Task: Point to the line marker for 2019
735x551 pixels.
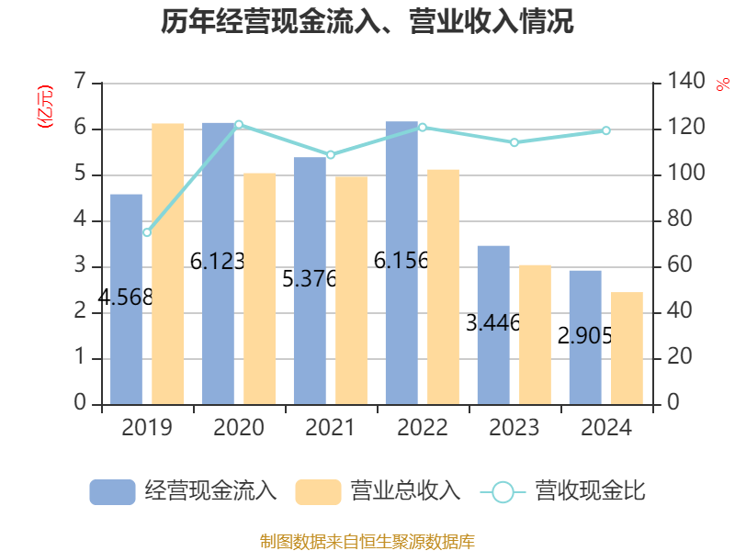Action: [147, 232]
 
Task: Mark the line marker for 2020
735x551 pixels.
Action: [239, 124]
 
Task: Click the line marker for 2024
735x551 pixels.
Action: [605, 130]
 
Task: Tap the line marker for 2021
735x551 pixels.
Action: [331, 154]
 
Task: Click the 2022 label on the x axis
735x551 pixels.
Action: [423, 428]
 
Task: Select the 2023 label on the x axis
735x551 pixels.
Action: [514, 428]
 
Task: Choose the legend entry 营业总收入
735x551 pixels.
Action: [378, 491]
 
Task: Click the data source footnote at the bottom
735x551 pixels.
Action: [367, 541]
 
